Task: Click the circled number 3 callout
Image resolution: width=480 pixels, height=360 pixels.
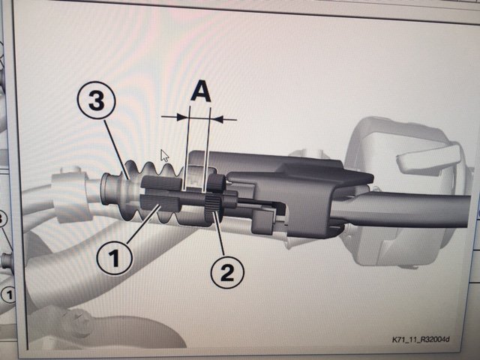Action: (96, 102)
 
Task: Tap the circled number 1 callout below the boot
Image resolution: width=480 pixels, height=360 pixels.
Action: (114, 257)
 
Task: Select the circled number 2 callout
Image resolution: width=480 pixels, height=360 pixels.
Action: (227, 272)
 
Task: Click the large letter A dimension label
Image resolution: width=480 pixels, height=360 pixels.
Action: (200, 91)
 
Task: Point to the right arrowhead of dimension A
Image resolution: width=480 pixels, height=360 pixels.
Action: (217, 118)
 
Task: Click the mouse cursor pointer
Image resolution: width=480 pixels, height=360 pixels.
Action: (164, 155)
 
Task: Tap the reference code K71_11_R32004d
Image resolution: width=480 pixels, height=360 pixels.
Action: (421, 340)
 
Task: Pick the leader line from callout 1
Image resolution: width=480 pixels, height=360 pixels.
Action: (143, 224)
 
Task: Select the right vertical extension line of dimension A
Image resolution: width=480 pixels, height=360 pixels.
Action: (207, 149)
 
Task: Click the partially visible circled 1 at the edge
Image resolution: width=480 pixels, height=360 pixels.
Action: (8, 295)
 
